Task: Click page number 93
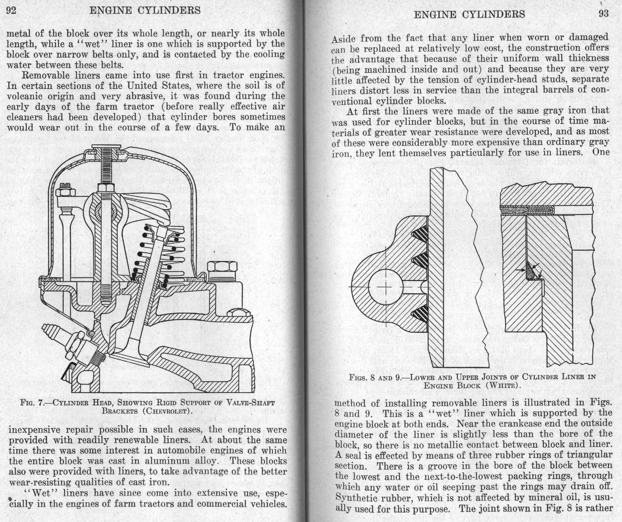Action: coord(603,14)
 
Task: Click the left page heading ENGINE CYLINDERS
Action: coord(145,10)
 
